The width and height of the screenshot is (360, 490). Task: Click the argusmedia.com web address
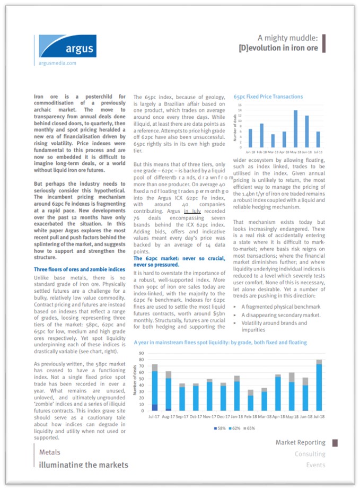(x=58, y=63)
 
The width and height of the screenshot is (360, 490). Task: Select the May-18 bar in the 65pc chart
(x=295, y=129)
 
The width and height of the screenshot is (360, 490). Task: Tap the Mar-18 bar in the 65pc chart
(x=273, y=141)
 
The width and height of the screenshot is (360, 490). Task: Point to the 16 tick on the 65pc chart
(x=240, y=106)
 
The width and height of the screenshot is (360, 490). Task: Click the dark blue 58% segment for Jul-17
(x=155, y=407)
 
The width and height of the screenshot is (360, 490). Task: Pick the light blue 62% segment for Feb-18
(x=250, y=403)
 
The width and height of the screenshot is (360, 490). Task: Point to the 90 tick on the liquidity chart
(x=142, y=353)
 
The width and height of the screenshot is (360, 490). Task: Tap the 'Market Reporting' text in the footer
(x=300, y=442)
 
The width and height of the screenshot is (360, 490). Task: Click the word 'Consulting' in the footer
(x=310, y=454)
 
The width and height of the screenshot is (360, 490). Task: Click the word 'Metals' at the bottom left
(x=50, y=452)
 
